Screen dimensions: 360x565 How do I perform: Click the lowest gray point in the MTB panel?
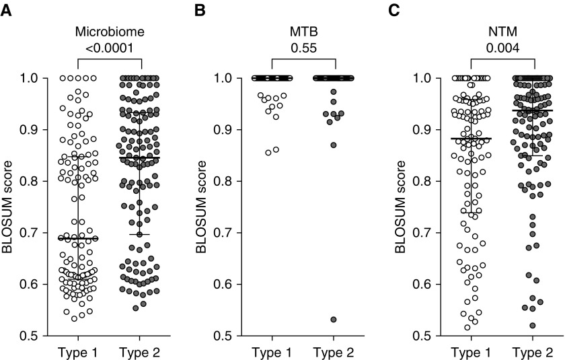(334, 320)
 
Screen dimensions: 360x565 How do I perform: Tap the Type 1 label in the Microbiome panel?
(77, 351)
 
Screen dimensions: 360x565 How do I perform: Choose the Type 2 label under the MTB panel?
(334, 351)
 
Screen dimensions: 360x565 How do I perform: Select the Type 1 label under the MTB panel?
(272, 351)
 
